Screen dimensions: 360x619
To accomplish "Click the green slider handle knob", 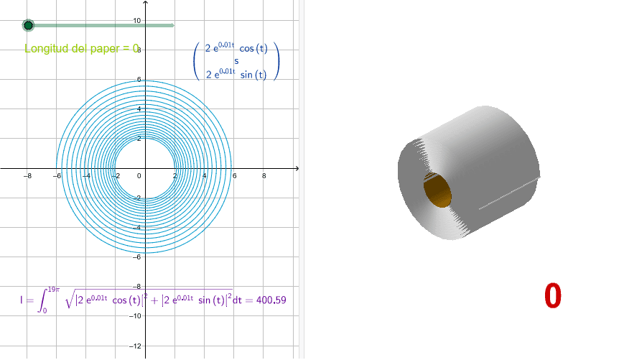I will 28,26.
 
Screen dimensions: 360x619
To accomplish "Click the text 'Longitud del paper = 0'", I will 81,49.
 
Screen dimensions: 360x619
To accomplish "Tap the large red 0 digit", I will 552,296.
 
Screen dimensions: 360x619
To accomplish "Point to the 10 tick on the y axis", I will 136,21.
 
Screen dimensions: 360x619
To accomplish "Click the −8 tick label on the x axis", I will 27,176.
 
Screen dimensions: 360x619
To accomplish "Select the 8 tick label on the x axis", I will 264,176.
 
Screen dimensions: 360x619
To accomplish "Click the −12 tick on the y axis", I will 135,346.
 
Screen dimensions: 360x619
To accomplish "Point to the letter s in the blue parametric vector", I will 236,61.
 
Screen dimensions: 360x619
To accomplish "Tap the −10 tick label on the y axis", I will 135,317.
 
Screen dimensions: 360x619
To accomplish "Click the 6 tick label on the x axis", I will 234,176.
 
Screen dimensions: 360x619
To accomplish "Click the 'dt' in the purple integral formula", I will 238,300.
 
